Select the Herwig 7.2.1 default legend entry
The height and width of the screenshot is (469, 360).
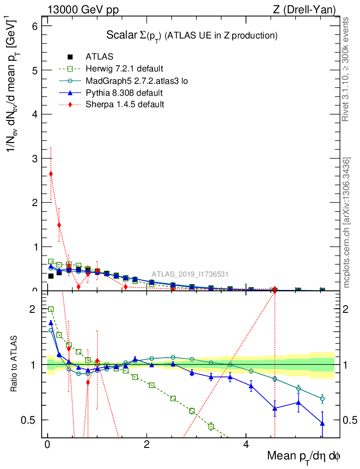[124, 69]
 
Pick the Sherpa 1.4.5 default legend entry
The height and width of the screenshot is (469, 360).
[125, 104]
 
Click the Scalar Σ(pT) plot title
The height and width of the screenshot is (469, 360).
[192, 35]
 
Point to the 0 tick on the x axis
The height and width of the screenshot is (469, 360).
[48, 445]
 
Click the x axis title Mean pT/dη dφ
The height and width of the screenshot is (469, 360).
[304, 456]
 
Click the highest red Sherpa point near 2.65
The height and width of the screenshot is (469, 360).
[51, 174]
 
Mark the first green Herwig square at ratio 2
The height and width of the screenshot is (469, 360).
[51, 310]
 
